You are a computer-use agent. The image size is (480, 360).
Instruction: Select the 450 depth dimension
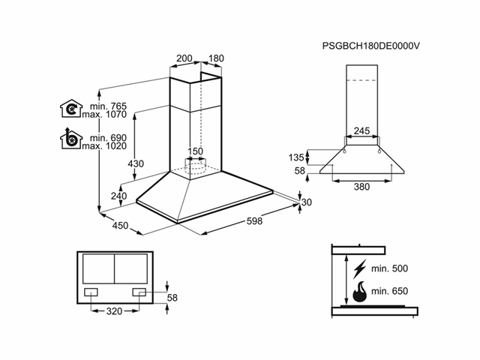120,225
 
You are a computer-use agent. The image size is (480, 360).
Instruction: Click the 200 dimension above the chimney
184,58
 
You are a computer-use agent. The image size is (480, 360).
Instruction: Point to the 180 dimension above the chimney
217,58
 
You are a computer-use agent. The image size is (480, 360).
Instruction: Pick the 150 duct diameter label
195,151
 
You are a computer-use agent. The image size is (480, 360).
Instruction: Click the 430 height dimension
136,163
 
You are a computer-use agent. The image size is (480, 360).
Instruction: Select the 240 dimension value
118,196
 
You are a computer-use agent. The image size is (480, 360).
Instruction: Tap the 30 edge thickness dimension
306,202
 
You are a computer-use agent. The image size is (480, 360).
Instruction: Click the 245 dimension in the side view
361,131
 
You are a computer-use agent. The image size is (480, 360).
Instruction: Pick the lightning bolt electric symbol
359,268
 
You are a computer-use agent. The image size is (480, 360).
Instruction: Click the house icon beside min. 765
70,109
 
